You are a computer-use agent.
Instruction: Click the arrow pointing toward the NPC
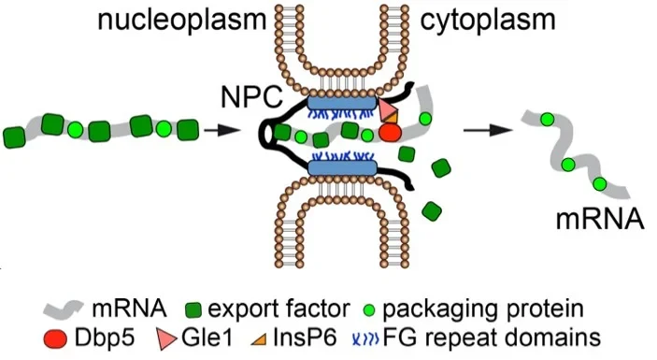(x=217, y=130)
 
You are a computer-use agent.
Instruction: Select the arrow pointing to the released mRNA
(x=485, y=130)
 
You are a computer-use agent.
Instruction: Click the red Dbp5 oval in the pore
(x=390, y=132)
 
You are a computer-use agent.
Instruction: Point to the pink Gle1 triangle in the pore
(x=388, y=110)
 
